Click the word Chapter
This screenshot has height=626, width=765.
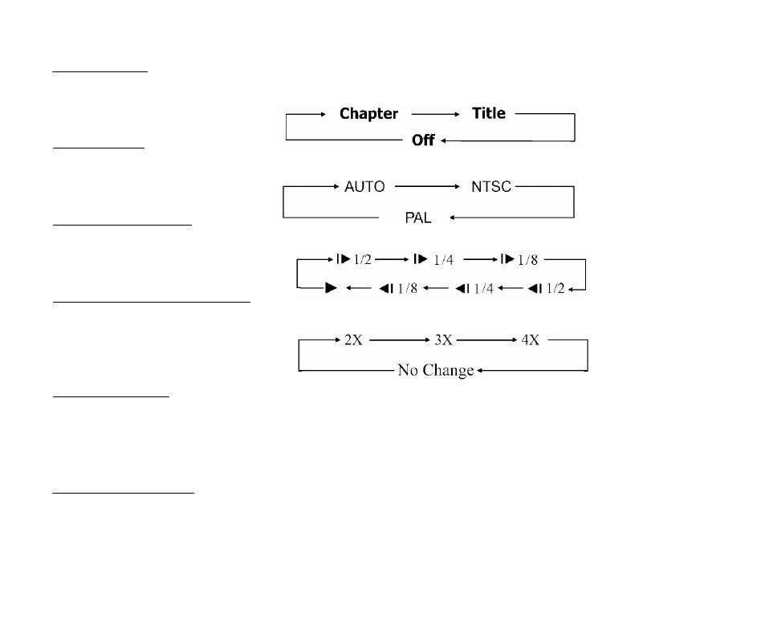pyautogui.click(x=368, y=114)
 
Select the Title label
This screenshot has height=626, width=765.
pyautogui.click(x=488, y=113)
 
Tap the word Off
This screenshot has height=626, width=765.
pyautogui.click(x=423, y=140)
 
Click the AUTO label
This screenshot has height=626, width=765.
pyautogui.click(x=364, y=186)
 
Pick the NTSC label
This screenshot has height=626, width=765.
pyautogui.click(x=490, y=186)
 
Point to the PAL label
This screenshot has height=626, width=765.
pyautogui.click(x=418, y=217)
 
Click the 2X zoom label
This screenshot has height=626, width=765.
pyautogui.click(x=353, y=339)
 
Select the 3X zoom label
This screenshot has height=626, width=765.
pyautogui.click(x=443, y=339)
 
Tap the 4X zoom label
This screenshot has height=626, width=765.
pyautogui.click(x=531, y=339)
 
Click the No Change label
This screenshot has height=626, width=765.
pyautogui.click(x=436, y=370)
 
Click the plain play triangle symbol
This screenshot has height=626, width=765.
pyautogui.click(x=332, y=288)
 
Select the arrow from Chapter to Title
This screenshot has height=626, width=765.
pyautogui.click(x=435, y=114)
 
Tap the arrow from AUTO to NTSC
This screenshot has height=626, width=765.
pyautogui.click(x=427, y=186)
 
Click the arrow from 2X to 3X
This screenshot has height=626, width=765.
pyautogui.click(x=400, y=339)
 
